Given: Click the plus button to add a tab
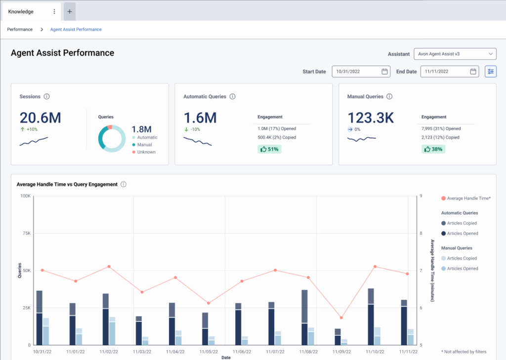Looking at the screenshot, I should [69, 11].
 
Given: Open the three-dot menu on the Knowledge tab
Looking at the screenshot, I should [54, 11].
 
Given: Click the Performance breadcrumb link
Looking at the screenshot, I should [20, 30].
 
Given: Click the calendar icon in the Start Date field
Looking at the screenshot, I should [384, 72].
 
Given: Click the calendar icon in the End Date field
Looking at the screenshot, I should [473, 72].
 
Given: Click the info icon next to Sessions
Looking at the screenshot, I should [47, 97].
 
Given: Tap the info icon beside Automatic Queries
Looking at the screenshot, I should [232, 97].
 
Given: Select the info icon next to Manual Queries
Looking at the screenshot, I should [389, 97].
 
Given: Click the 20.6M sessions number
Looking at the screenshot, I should [41, 118].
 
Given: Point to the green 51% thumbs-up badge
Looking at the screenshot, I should [269, 149].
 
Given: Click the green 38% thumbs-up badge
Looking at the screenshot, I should [433, 149].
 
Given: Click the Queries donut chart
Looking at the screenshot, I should [112, 138].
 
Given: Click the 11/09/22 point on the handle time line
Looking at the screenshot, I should [341, 318].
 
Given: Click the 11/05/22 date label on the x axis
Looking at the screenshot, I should [209, 352].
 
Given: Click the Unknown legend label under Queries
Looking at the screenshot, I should [146, 152].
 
